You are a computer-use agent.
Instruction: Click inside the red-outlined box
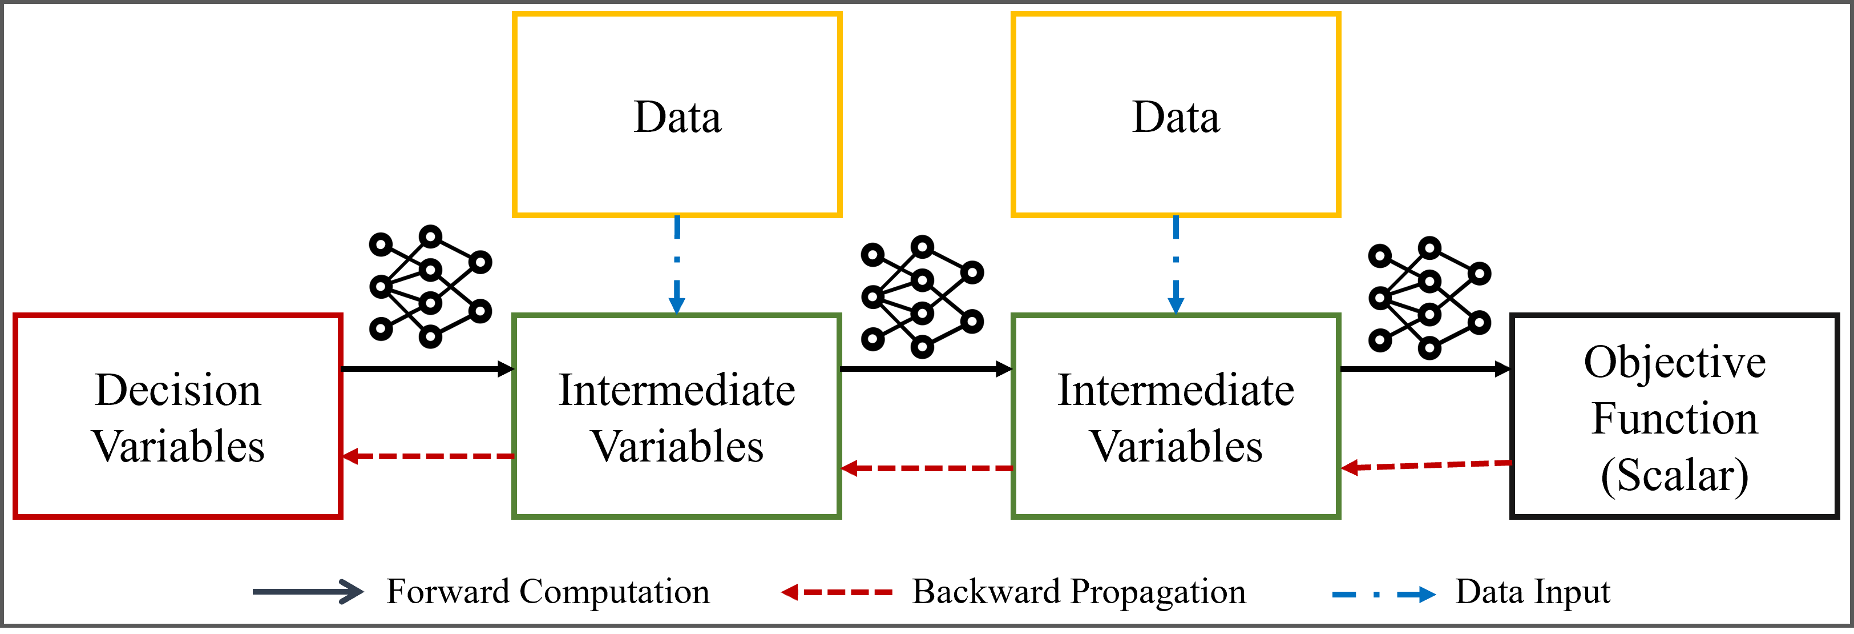click(x=178, y=416)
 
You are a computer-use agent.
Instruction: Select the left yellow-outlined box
click(x=677, y=114)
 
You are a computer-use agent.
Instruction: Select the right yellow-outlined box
click(x=1176, y=114)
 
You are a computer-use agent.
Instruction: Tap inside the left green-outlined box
click(x=677, y=416)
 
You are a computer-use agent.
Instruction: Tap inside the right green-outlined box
click(x=1176, y=416)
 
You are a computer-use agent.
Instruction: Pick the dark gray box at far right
click(x=1674, y=416)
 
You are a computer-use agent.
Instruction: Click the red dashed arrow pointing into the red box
click(x=432, y=456)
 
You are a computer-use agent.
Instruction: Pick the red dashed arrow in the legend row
click(x=838, y=592)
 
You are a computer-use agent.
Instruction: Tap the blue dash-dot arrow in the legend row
click(x=1382, y=595)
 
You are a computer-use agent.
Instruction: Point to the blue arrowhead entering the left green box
click(x=677, y=306)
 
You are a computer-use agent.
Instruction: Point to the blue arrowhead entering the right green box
click(x=1176, y=306)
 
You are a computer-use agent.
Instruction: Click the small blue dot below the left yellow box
click(x=677, y=259)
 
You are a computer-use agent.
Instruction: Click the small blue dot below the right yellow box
click(x=1176, y=259)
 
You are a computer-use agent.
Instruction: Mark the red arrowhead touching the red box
click(x=350, y=456)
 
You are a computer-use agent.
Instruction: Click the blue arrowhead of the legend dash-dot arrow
click(x=1427, y=595)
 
